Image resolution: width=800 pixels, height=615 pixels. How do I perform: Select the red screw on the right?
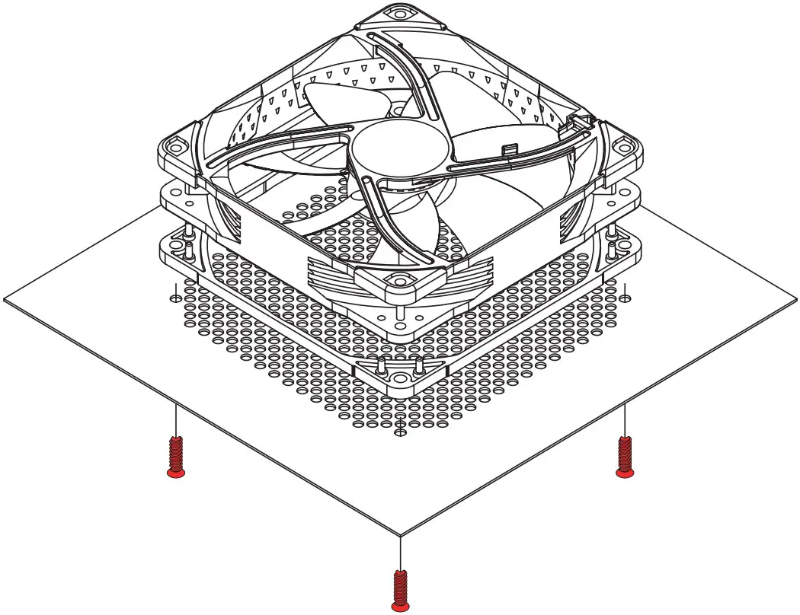pos(625,457)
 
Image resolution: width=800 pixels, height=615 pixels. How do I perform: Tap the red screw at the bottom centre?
pos(398,591)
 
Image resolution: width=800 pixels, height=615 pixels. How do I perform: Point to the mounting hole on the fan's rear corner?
pos(398,13)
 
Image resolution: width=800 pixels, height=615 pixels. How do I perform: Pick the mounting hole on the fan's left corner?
pos(174,145)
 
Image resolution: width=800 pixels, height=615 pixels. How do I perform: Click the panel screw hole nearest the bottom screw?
pos(398,433)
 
